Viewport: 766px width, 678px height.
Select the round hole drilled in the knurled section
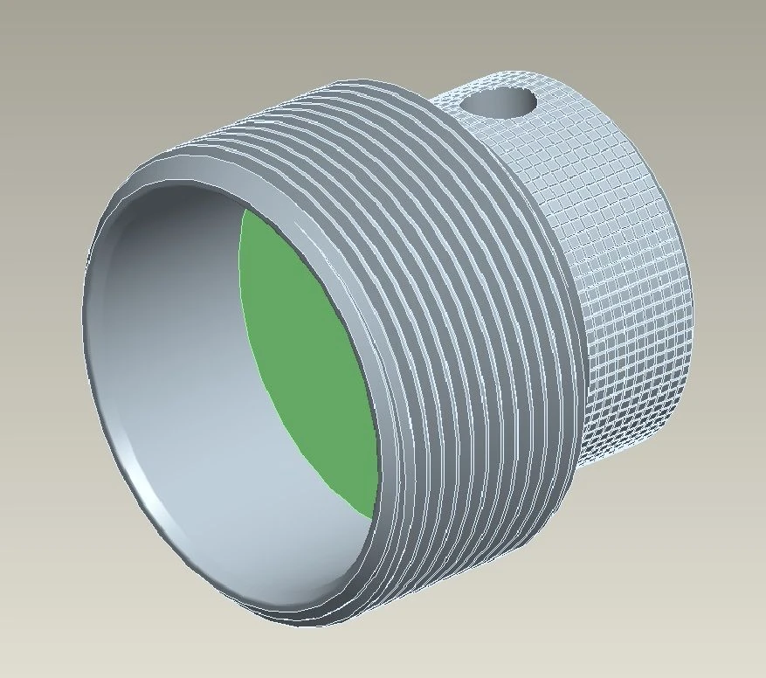tap(497, 102)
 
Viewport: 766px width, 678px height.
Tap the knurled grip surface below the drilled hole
tap(611, 288)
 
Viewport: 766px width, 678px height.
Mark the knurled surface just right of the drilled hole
tap(568, 105)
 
